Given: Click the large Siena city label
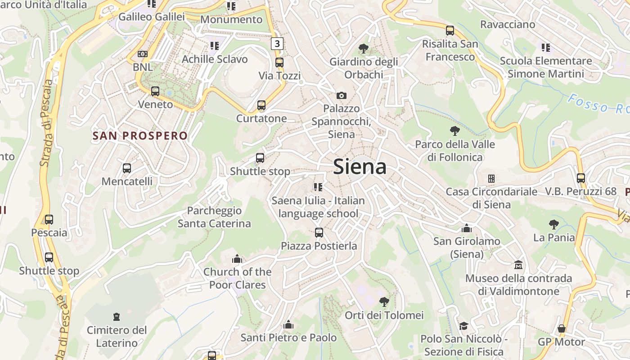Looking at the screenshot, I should coord(360,167).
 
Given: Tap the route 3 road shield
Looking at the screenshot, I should coord(277,44).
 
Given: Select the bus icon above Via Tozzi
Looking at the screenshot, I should coord(279,63).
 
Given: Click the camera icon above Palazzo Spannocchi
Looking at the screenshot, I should coord(342,95).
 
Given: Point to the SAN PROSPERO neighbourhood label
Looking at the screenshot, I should coord(140,135).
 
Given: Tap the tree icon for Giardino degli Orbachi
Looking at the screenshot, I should coord(363,49).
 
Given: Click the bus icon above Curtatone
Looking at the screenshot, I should coord(261,106).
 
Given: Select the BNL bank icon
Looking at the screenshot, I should coord(142,54).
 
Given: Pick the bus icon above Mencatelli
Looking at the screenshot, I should coord(127,168).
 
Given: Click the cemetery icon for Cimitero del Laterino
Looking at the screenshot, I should coord(117,317).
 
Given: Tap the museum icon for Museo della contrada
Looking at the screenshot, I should coord(518,265).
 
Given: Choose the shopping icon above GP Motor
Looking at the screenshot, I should coord(562,328).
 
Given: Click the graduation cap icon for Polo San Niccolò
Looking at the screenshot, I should coord(463,326).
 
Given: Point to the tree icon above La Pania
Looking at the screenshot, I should coord(554,224).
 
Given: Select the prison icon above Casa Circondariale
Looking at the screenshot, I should coord(491,179).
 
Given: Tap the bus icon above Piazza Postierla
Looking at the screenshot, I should coord(319,233).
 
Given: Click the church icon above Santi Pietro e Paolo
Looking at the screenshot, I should coord(288,324).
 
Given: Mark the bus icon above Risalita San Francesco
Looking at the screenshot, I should coord(450,31).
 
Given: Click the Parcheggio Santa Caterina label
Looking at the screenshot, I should coord(214,217).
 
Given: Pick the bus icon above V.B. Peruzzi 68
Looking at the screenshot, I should coord(581,178).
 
